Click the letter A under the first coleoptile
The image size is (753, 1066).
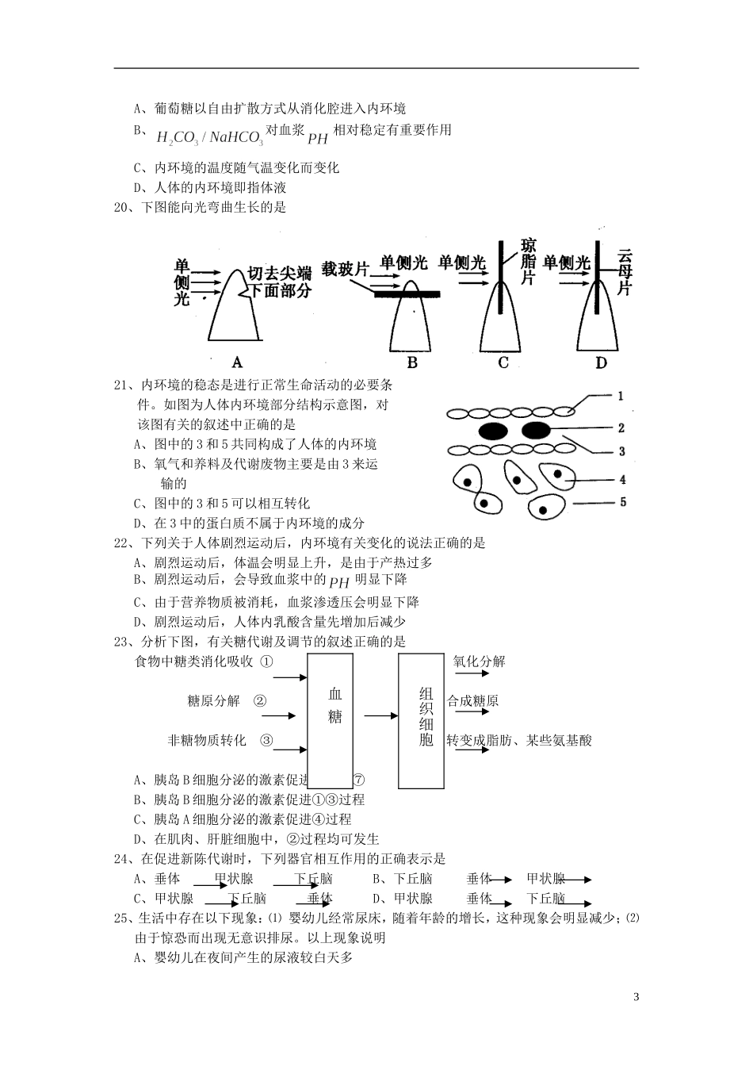236,363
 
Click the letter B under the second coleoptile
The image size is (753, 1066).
411,363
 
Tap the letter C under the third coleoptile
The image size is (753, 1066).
503,363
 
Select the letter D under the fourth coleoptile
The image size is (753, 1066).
600,363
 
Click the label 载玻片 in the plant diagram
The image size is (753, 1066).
346,269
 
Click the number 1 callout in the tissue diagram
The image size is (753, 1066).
621,396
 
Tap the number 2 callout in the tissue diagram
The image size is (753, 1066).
621,428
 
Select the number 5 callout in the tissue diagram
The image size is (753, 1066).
622,502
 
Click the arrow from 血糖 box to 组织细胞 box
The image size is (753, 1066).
381,716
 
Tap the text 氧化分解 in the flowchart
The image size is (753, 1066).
479,661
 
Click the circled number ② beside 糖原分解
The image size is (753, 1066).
259,700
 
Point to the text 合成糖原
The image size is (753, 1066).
472,701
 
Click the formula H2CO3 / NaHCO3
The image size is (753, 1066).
209,138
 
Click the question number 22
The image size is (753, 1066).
124,543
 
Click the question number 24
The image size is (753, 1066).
124,858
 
